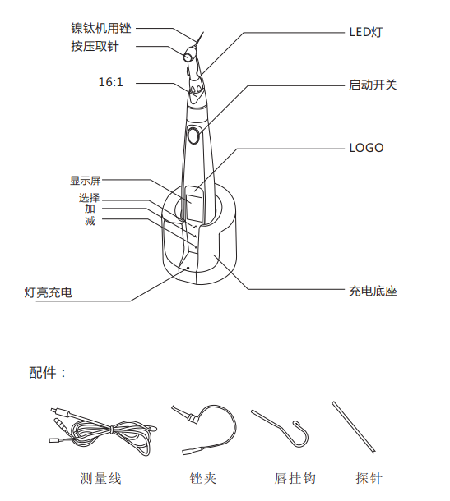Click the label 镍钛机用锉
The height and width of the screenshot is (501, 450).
point(101,28)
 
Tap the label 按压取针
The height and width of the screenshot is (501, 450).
point(95,46)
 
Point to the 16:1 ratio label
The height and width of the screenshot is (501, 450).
point(111,82)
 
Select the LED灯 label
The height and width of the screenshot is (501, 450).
point(366,32)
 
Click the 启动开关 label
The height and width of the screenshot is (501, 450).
point(373,85)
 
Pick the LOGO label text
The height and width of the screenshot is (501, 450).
point(366,148)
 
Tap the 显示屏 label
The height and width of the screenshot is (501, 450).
point(86,181)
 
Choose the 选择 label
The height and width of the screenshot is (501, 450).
point(90,198)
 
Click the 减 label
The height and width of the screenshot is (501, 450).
point(90,220)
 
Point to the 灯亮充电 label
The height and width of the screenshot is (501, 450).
point(49,292)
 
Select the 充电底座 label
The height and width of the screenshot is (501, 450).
point(373,291)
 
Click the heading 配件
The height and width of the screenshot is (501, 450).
point(43,373)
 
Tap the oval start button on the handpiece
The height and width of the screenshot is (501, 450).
point(193,136)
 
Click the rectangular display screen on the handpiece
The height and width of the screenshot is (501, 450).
point(195,207)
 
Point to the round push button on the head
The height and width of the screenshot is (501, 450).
point(188,57)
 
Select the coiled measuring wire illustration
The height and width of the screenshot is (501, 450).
point(103,430)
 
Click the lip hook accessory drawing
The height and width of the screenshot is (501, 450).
point(280,429)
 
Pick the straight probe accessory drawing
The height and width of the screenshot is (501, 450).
point(354,427)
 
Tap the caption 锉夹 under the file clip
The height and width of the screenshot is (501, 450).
point(203,478)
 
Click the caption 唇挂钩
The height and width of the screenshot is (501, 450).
point(295,478)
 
